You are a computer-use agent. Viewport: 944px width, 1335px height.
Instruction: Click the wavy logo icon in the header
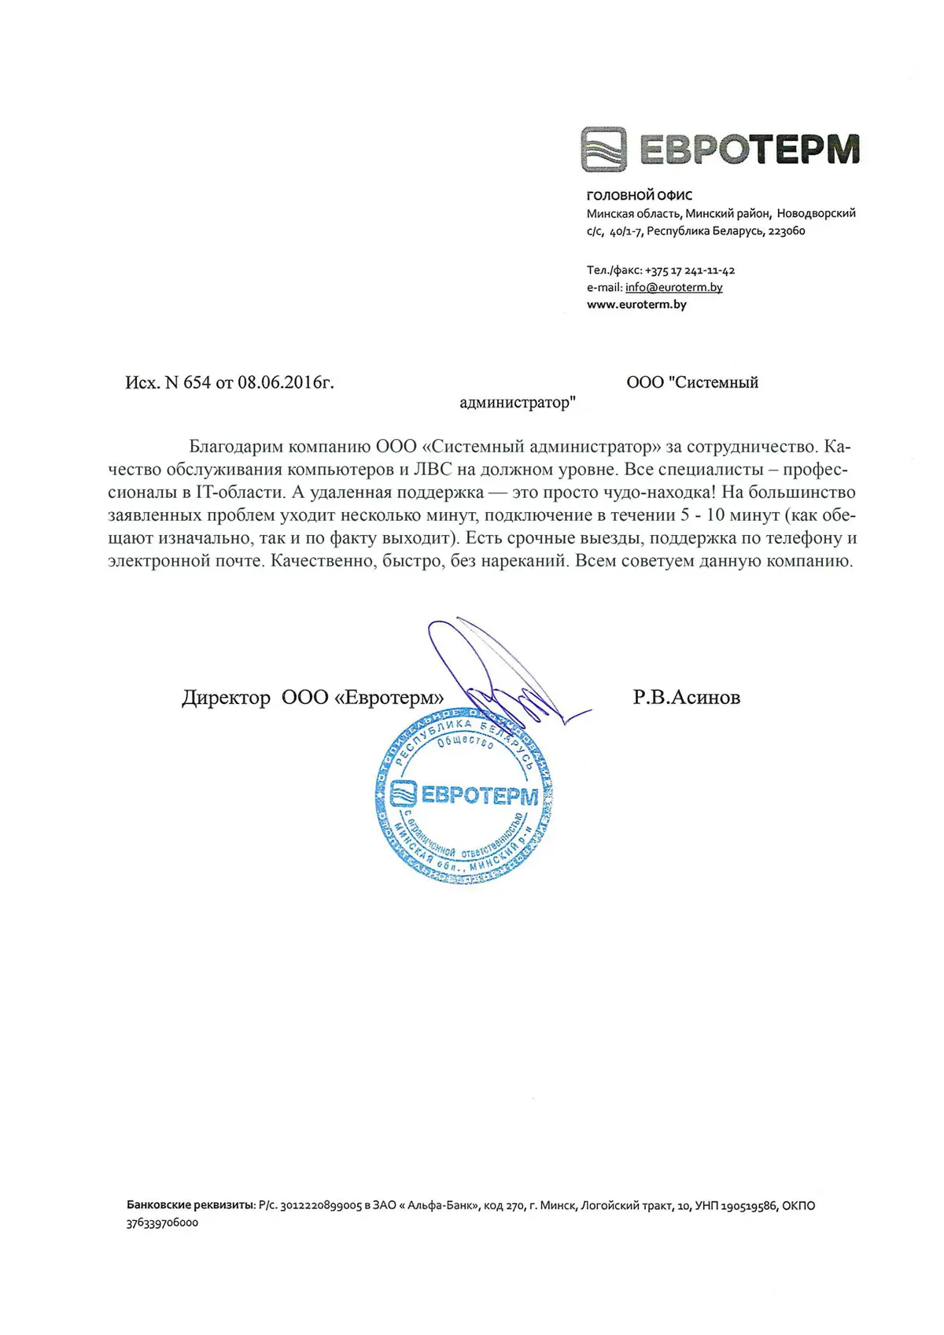click(604, 149)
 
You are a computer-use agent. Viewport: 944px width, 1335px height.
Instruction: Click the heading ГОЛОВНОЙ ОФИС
click(640, 195)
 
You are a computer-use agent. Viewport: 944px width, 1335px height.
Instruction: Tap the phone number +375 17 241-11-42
click(690, 270)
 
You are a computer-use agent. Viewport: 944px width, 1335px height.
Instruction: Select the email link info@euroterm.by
click(673, 287)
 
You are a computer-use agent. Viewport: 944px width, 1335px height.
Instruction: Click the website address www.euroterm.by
click(636, 304)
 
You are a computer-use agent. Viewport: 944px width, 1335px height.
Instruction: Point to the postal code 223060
click(786, 231)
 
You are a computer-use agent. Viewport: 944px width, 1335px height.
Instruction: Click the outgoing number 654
click(197, 382)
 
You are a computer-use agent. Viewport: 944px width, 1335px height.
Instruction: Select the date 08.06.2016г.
click(286, 382)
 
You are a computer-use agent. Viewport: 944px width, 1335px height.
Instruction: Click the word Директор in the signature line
click(226, 698)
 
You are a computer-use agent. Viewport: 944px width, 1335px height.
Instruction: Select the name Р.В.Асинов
click(686, 697)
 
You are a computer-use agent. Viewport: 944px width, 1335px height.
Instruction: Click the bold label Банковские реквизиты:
click(190, 1205)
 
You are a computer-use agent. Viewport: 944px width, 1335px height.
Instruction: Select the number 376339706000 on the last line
click(162, 1223)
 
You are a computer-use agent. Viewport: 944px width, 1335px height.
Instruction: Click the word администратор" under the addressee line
click(517, 403)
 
